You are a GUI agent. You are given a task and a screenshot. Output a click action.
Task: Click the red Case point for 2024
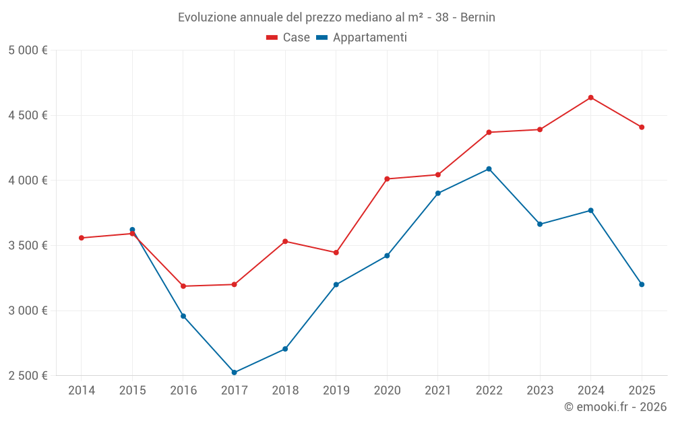point(590,98)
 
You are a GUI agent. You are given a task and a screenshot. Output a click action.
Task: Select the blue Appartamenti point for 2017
point(234,373)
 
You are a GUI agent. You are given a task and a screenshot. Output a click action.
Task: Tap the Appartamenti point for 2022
point(489,169)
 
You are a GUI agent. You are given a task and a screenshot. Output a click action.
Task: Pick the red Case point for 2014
point(81,238)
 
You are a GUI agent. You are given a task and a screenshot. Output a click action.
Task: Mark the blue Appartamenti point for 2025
point(642,284)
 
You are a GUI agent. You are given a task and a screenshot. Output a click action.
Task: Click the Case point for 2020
point(387,179)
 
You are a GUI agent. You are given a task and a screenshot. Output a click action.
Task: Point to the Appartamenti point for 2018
point(285,349)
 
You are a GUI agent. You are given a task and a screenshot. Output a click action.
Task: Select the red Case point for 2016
point(183,286)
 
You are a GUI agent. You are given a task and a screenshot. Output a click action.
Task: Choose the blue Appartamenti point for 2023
point(540,224)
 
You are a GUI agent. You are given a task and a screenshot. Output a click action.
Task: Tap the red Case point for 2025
point(642,127)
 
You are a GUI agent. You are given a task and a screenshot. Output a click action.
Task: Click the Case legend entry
point(288,38)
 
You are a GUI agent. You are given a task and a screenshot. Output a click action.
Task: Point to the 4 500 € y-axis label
point(28,115)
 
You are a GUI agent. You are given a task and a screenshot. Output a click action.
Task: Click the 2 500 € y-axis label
point(28,376)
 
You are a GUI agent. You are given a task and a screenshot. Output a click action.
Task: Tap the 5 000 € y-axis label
point(28,51)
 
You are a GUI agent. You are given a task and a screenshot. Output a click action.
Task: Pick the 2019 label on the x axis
point(336,391)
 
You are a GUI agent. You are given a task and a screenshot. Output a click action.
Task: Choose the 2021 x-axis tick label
point(437,391)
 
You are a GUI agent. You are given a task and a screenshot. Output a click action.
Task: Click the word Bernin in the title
point(477,18)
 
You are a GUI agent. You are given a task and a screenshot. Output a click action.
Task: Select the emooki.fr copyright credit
point(615,407)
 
